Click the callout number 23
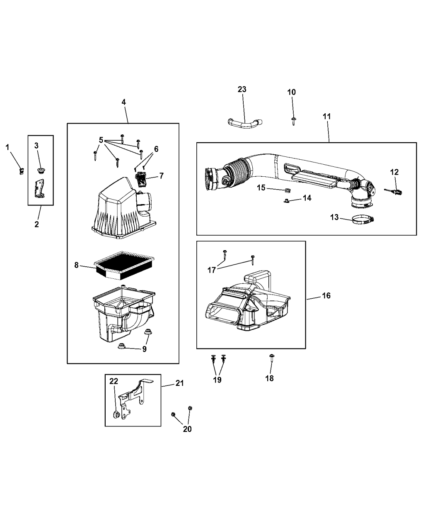click(x=242, y=89)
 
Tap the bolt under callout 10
click(x=293, y=121)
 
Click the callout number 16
click(x=326, y=295)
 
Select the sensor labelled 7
click(x=141, y=180)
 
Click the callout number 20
click(x=187, y=429)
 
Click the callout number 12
click(x=394, y=172)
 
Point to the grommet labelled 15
click(x=285, y=190)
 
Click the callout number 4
click(x=123, y=102)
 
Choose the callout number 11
click(x=326, y=117)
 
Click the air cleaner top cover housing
click(x=120, y=207)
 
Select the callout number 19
click(x=217, y=380)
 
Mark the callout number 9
click(x=144, y=349)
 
